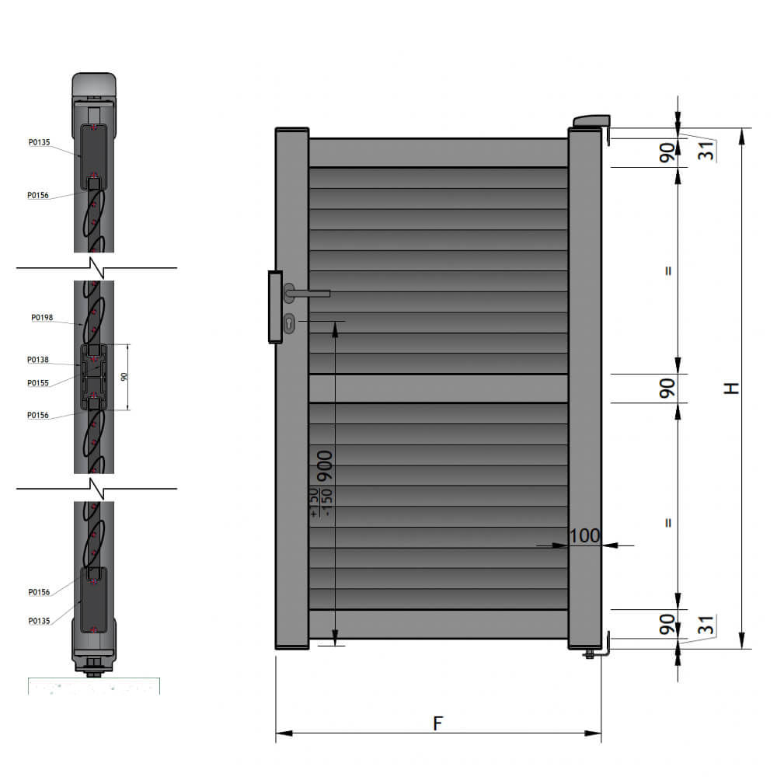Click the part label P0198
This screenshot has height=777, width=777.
[x=42, y=317]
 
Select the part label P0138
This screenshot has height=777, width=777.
[x=38, y=360]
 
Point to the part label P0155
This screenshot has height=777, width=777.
[x=38, y=382]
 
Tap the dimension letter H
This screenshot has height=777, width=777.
[x=731, y=388]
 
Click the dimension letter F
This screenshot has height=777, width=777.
[x=437, y=723]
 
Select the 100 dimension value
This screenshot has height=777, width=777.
[x=585, y=535]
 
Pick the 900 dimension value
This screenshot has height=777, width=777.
[x=325, y=466]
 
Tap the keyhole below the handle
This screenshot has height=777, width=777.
[x=290, y=322]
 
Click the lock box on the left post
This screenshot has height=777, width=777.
[x=275, y=306]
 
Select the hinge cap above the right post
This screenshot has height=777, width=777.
[x=591, y=120]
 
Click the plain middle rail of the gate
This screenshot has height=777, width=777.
[x=438, y=388]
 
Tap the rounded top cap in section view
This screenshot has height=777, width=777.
[x=94, y=85]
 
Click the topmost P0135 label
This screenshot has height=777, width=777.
[x=39, y=142]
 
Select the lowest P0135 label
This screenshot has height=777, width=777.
[x=39, y=620]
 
